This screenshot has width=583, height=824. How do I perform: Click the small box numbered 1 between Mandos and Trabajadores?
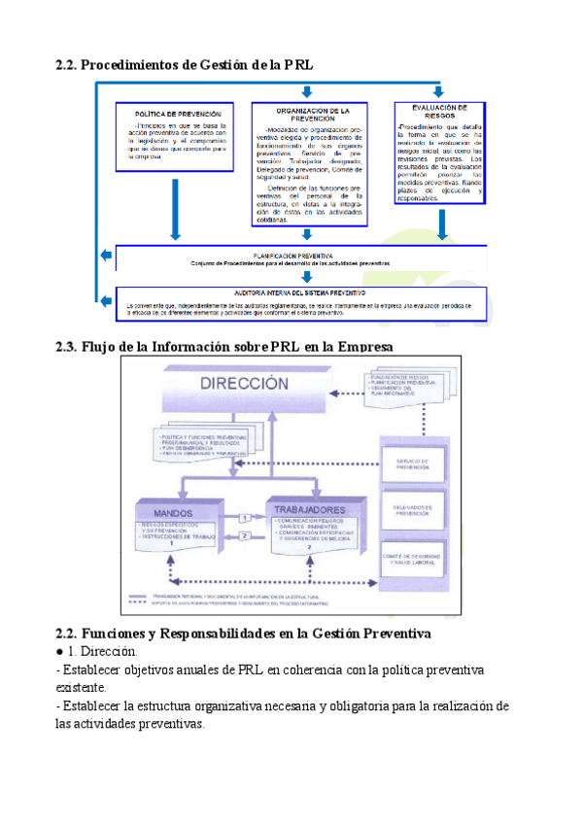tap(245, 519)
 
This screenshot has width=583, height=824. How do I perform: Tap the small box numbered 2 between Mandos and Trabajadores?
tap(245, 535)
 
